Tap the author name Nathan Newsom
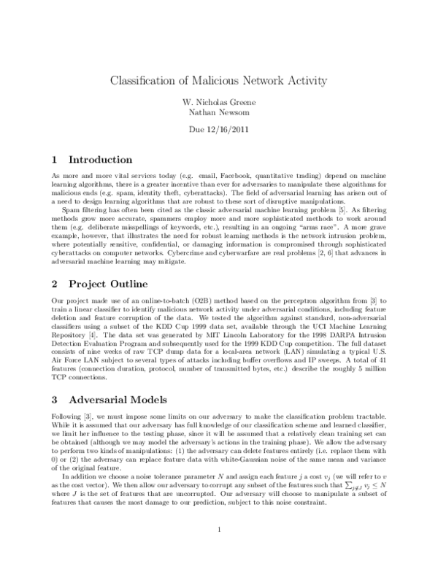(219, 112)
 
